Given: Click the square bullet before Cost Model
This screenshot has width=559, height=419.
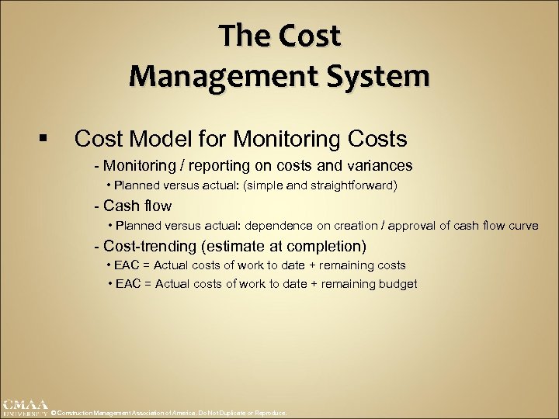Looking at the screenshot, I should coord(42,140).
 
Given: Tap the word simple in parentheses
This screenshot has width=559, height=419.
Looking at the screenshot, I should coord(263,185).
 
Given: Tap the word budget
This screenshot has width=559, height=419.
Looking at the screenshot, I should coord(398,284).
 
